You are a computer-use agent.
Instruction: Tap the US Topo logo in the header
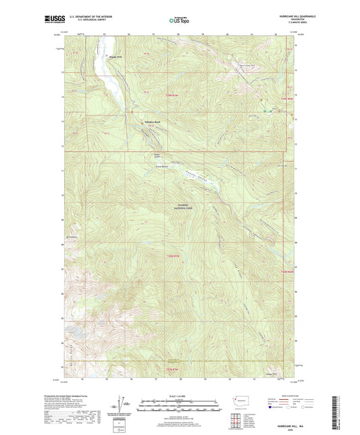coord(178,20)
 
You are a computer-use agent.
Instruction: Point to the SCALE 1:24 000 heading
coord(180,396)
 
